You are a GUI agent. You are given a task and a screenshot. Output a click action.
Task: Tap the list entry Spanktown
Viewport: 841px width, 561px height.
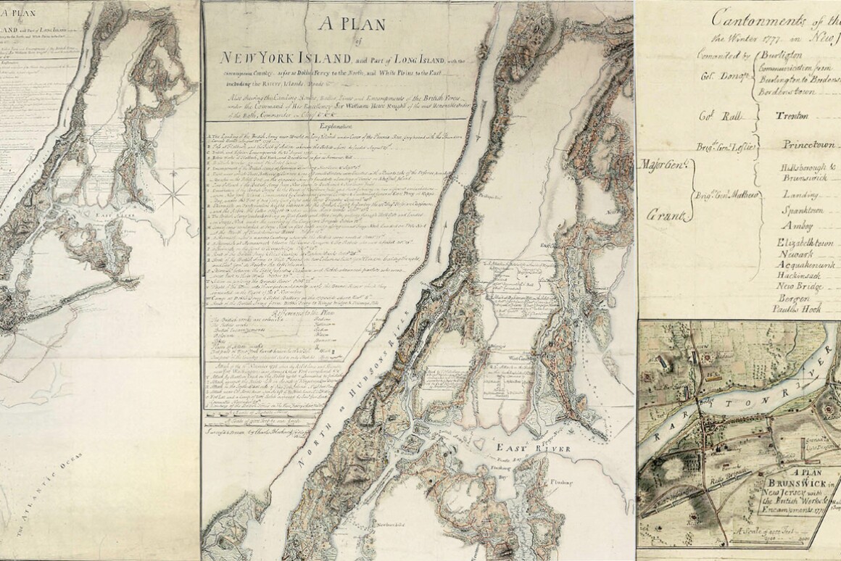click(x=805, y=209)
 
